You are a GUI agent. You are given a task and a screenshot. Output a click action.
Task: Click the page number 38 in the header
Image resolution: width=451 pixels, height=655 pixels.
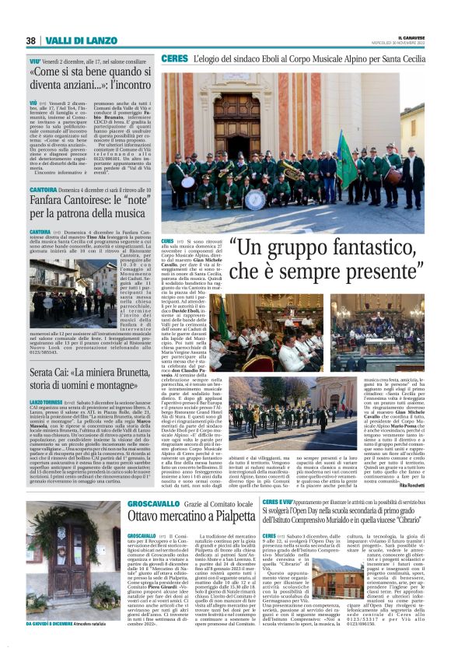31,40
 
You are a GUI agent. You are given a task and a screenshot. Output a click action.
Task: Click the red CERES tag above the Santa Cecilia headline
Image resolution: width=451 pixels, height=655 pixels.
172,59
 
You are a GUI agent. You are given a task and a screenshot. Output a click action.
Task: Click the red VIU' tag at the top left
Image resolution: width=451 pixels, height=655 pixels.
35,60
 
